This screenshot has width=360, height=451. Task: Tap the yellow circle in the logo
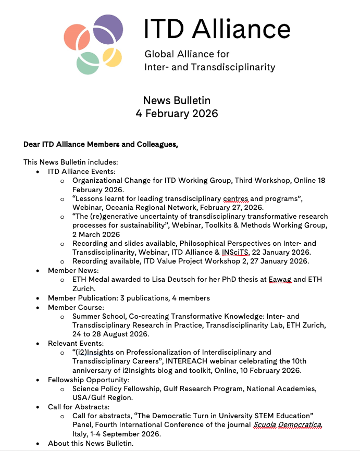pyautogui.click(x=111, y=58)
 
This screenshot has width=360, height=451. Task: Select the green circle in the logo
pyautogui.click(x=88, y=62)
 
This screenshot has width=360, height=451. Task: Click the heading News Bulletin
pyautogui.click(x=177, y=101)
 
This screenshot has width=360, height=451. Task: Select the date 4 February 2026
pyautogui.click(x=177, y=113)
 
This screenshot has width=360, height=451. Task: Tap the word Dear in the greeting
pyautogui.click(x=32, y=144)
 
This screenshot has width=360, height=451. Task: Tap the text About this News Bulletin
pyautogui.click(x=90, y=443)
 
